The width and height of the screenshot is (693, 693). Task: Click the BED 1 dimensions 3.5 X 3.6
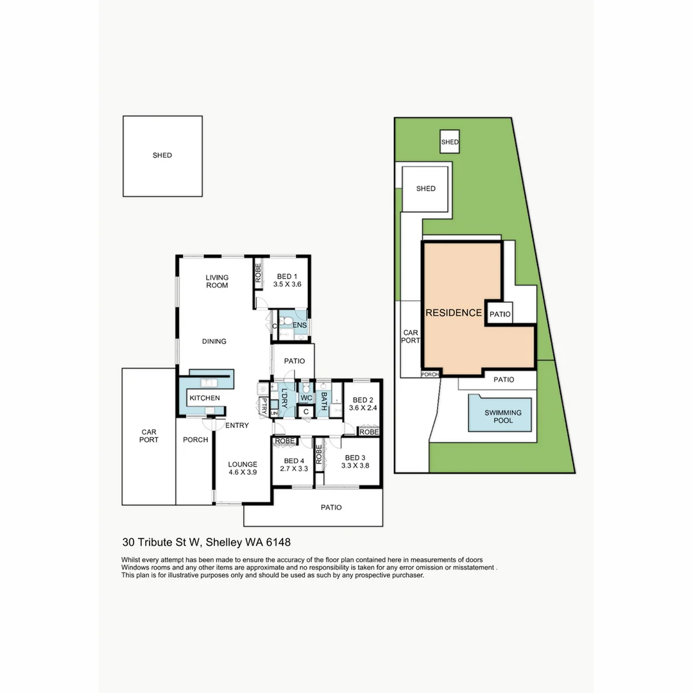[x=287, y=284]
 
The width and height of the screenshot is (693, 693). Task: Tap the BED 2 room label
[x=363, y=398]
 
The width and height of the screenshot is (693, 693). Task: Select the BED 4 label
[x=293, y=461]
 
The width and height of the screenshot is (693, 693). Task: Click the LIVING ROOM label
[x=217, y=281]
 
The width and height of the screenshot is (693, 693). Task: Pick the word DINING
[x=214, y=341]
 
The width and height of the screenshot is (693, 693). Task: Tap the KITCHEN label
[x=204, y=398]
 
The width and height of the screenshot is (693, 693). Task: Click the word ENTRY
[x=237, y=425]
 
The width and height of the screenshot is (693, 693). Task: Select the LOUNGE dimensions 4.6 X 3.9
[x=243, y=472]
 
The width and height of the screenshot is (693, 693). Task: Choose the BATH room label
[x=324, y=402]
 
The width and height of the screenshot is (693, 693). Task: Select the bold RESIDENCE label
[x=453, y=313]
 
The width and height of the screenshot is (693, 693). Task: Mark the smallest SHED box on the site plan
[x=450, y=142]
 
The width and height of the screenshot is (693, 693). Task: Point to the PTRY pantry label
[x=263, y=406]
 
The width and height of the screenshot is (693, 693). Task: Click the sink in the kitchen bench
[x=209, y=383]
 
